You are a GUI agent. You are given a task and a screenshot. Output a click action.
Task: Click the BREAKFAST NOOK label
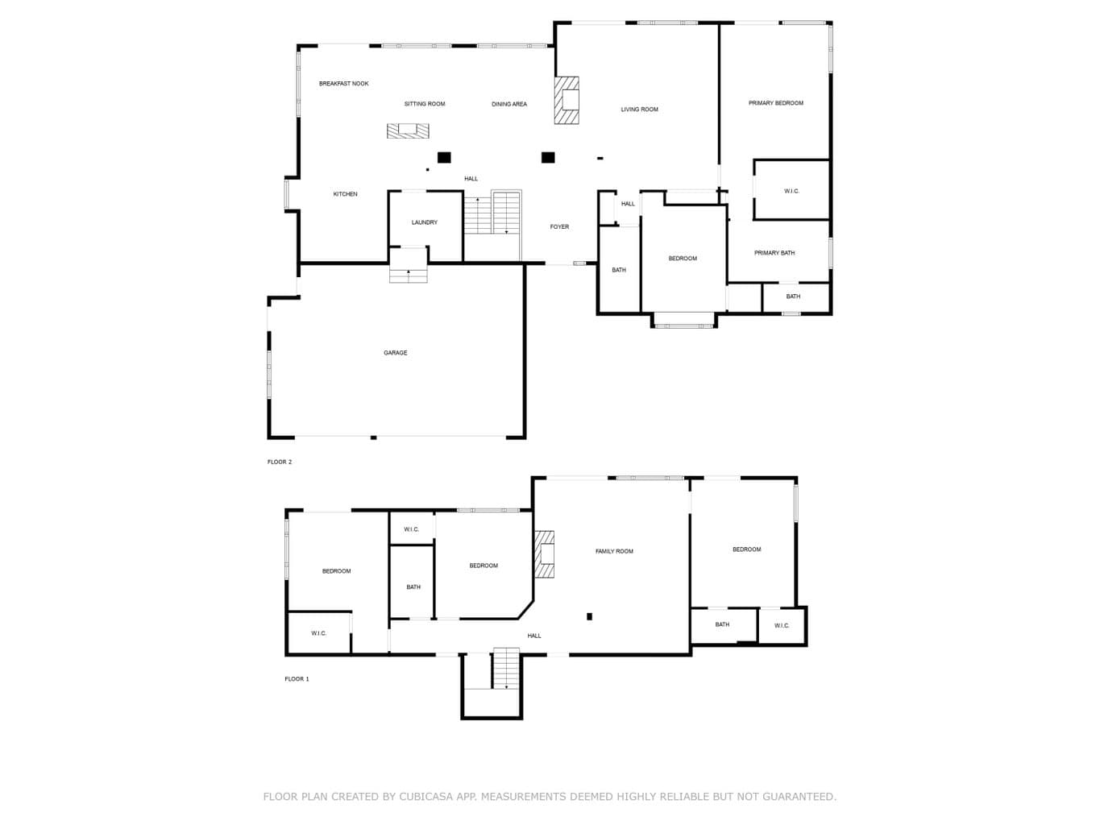[343, 84]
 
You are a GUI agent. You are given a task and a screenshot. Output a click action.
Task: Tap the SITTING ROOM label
[425, 104]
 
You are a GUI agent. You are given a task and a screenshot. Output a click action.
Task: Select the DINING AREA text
[508, 104]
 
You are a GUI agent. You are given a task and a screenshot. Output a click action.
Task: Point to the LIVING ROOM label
[639, 110]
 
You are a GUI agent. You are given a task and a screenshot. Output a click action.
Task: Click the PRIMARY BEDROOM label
[775, 103]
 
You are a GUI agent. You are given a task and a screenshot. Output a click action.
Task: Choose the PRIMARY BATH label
[774, 253]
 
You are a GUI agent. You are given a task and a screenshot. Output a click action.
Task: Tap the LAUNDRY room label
[424, 222]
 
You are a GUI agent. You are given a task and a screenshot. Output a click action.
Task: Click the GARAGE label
[395, 353]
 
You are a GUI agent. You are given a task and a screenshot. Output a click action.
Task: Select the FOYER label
[558, 227]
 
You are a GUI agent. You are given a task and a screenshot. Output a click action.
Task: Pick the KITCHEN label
[345, 194]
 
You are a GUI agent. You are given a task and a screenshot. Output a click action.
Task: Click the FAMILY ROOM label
[614, 551]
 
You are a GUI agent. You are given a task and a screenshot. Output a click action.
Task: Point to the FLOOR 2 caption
[279, 462]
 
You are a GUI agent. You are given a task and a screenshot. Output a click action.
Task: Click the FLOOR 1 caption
[297, 678]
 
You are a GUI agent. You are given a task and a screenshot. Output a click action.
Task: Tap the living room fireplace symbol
[567, 100]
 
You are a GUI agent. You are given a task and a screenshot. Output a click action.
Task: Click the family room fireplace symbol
[544, 554]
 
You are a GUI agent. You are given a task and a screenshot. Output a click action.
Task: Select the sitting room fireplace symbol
[408, 131]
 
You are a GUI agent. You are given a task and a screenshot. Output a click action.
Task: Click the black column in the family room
[589, 616]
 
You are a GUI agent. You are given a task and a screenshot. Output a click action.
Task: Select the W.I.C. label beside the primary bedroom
[791, 191]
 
